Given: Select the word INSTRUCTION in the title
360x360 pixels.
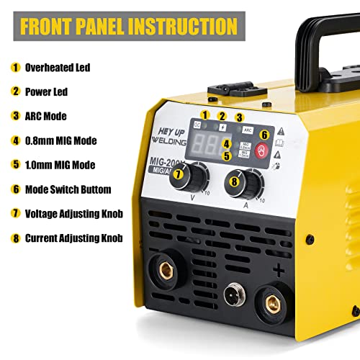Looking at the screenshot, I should tap(184, 26).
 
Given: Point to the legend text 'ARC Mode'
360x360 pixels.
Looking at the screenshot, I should tap(46, 115).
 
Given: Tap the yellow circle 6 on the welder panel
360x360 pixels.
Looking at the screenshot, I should tap(264, 134).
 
